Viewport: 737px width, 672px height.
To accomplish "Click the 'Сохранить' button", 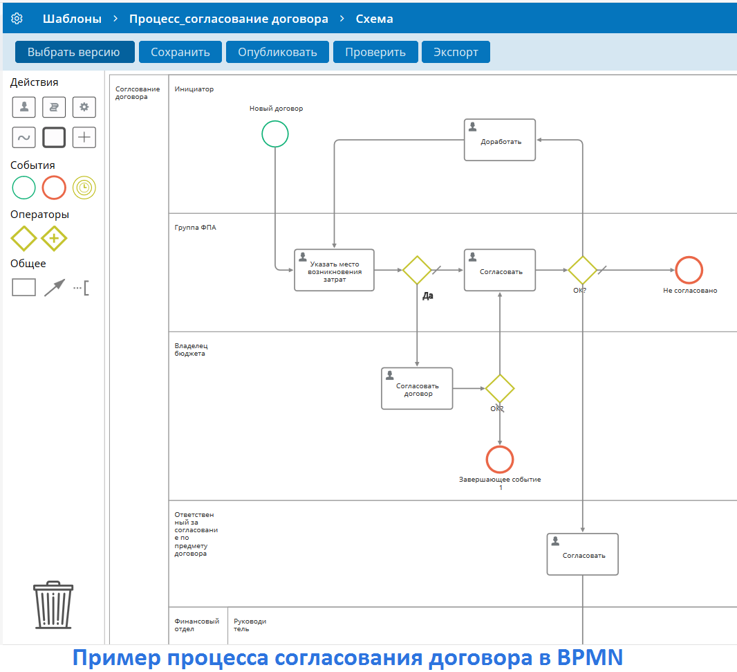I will tap(180, 52).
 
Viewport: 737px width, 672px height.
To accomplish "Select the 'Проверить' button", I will tap(375, 52).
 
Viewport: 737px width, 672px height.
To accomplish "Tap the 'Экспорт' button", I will tap(456, 52).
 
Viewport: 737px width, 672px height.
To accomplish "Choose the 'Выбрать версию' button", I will tap(74, 52).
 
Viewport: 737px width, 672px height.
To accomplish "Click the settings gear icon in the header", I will tap(17, 19).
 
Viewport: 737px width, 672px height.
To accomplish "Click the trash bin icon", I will tap(53, 605).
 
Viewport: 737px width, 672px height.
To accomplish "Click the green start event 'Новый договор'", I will tap(275, 134).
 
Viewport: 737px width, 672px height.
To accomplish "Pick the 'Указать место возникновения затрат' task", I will tap(334, 270).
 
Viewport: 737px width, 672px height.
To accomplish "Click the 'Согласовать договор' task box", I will tap(417, 388).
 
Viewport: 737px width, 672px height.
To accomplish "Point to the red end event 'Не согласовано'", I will tap(689, 270).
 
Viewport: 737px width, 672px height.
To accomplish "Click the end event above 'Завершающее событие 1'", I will tap(500, 460).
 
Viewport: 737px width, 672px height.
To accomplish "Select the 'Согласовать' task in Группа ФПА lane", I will tap(500, 270).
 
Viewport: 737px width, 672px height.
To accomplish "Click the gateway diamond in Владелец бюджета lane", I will tap(500, 388).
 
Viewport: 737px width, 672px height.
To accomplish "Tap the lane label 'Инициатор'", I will tap(194, 89).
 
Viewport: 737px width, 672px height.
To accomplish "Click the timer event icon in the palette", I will tap(84, 188).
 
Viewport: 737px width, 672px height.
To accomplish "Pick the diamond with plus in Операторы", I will tap(54, 239).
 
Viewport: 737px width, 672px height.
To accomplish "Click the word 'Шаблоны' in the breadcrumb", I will tap(72, 19).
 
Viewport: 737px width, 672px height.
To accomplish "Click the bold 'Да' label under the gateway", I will tap(428, 296).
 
